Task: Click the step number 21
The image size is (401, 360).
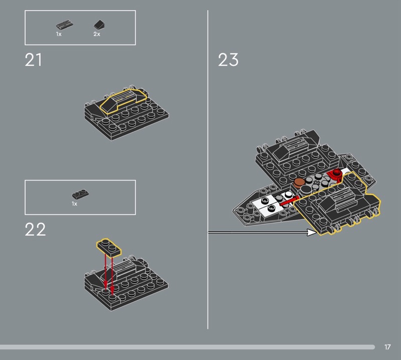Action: tap(33, 60)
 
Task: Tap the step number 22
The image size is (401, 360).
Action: tap(35, 229)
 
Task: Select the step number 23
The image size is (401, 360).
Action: tap(228, 60)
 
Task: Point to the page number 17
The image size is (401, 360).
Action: tap(387, 347)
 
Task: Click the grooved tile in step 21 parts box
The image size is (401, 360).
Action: tap(65, 25)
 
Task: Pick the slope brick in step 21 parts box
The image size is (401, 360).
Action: tap(99, 25)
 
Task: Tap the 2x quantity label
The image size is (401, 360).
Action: tap(97, 34)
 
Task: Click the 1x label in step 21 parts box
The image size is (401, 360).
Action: tap(59, 34)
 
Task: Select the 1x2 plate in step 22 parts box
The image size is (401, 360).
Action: tap(80, 195)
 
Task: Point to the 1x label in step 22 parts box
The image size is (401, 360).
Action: tap(74, 204)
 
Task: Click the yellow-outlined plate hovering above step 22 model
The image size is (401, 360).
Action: tap(109, 247)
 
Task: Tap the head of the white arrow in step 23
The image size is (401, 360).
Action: tap(312, 232)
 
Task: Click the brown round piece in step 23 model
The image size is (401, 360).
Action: tap(299, 182)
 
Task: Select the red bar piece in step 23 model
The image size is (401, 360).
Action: tap(289, 201)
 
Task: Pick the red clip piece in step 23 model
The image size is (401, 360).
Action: tap(335, 174)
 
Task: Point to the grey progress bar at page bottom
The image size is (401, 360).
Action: tap(187, 347)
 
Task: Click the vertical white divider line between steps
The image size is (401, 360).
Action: tap(208, 169)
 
